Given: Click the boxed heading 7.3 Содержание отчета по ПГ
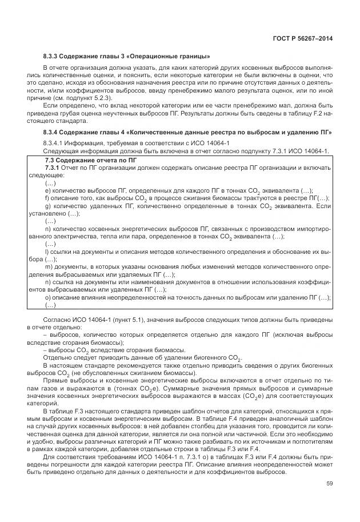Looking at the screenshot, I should pos(87,161).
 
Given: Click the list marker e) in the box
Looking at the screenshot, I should pos(47,190).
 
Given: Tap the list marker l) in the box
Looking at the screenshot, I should pos(46,252).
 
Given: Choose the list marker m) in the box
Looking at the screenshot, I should pos(47,267).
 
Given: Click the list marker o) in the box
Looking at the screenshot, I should pos(47,297).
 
